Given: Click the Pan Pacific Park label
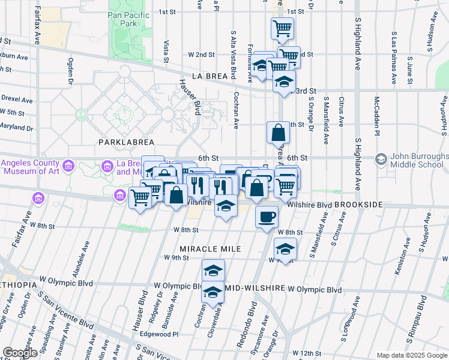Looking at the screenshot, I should click(123, 19).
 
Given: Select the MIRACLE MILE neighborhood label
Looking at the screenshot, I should click(210, 248).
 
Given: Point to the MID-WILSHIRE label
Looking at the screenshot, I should click(255, 289).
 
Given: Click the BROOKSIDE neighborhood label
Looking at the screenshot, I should click(358, 205).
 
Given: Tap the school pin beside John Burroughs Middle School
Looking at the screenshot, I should click(381, 160).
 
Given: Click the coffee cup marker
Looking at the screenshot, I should click(267, 216).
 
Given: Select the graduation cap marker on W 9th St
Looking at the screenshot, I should click(285, 247).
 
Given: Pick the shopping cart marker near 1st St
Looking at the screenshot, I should click(282, 27).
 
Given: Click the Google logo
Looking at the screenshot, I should click(19, 352).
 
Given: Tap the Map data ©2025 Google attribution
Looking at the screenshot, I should click(412, 355).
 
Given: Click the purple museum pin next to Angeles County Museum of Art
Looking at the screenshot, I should click(68, 164).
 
